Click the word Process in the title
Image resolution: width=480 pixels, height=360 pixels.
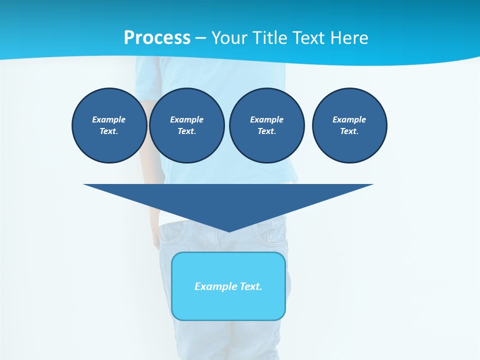click(157, 38)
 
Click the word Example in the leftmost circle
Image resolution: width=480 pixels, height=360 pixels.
click(109, 119)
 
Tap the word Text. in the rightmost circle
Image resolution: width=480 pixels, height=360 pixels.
click(349, 131)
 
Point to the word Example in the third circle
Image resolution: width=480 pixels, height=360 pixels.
click(266, 119)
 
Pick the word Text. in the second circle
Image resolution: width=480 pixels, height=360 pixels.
click(187, 131)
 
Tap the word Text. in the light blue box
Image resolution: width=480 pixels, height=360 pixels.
click(250, 286)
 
